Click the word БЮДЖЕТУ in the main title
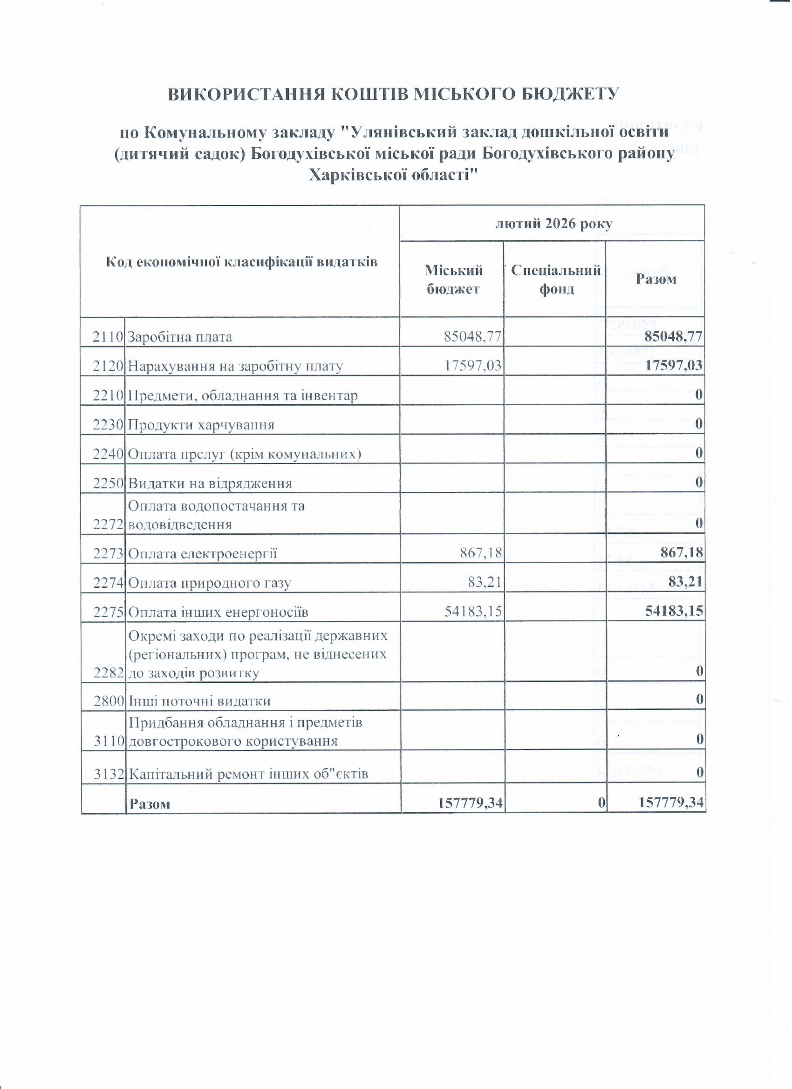pyautogui.click(x=569, y=94)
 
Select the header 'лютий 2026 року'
pyautogui.click(x=553, y=224)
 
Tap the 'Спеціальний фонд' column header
pyautogui.click(x=556, y=279)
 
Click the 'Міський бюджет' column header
pyautogui.click(x=453, y=279)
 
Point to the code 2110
pyautogui.click(x=109, y=337)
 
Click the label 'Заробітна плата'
pyautogui.click(x=180, y=337)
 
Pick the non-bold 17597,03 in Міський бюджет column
pyautogui.click(x=472, y=367)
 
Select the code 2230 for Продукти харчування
pyautogui.click(x=109, y=425)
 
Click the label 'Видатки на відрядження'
pyautogui.click(x=211, y=483)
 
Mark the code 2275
pyautogui.click(x=109, y=612)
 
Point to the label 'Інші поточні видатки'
pyautogui.click(x=200, y=701)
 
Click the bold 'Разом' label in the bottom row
pyautogui.click(x=150, y=804)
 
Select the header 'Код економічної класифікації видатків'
pyautogui.click(x=242, y=262)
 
